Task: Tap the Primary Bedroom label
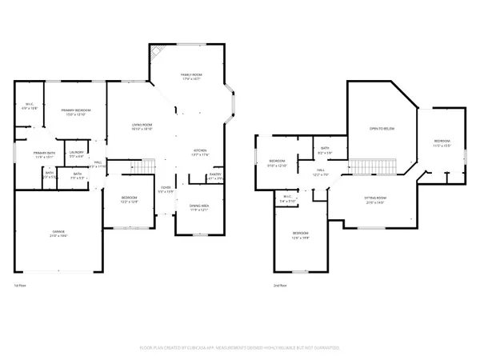click(78, 110)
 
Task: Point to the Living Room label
click(142, 125)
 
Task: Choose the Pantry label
click(214, 174)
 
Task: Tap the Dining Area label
click(199, 206)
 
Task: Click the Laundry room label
click(77, 151)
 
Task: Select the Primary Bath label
click(43, 153)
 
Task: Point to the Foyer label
click(165, 189)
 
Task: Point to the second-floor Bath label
click(326, 148)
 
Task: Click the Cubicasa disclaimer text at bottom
click(240, 348)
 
